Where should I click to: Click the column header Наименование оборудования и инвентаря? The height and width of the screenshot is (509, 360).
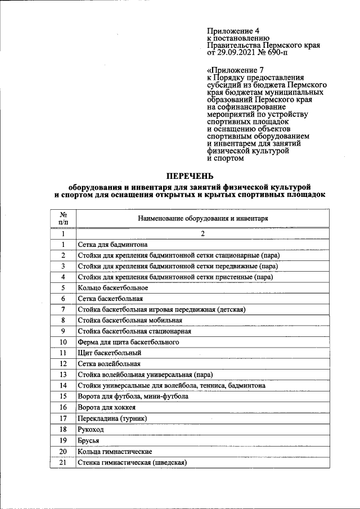point(202,218)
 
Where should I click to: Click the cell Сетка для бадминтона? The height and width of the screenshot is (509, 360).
point(113,245)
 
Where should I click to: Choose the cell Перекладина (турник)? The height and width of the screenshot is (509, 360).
point(112,418)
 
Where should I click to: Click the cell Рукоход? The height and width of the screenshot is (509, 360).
point(92,429)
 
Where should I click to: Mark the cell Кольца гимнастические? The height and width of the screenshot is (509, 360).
point(115,452)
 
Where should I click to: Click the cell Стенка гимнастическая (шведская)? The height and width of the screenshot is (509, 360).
point(132,462)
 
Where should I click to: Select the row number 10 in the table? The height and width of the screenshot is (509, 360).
point(64,342)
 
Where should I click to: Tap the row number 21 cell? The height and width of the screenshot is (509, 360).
point(64,462)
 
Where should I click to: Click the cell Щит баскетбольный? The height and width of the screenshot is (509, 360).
point(109,353)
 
